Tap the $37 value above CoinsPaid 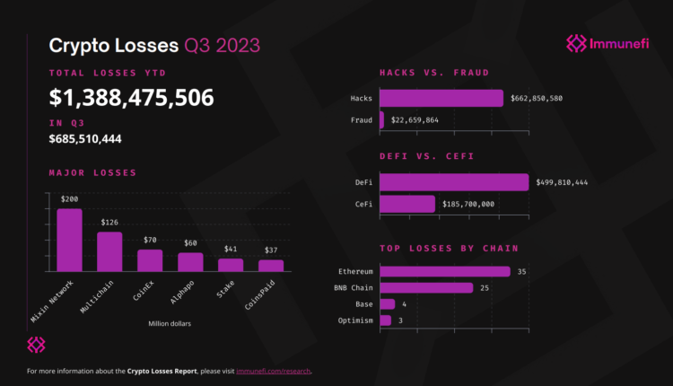coord(270,249)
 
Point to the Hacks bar coord(441,98)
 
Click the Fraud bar coord(382,119)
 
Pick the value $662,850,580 coord(537,98)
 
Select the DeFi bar coord(454,182)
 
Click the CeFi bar coord(407,204)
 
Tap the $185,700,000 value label coord(468,205)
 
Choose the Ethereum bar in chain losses coord(445,271)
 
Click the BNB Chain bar coord(426,288)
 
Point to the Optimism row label coord(355,320)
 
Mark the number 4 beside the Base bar coord(405,304)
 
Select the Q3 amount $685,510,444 coord(85,139)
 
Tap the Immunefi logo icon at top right coord(577,43)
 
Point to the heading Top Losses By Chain coord(449,248)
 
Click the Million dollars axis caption coord(170,323)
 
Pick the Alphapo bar coord(190,262)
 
